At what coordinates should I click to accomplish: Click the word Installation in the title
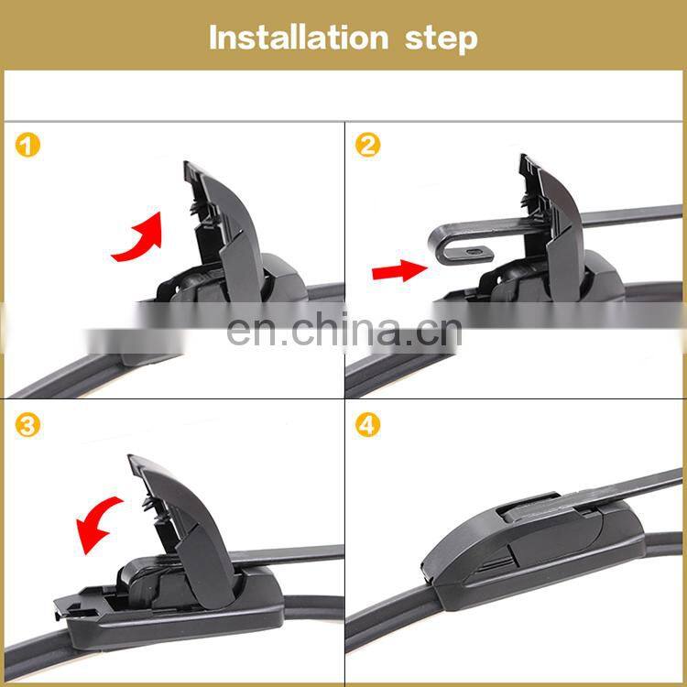point(299,38)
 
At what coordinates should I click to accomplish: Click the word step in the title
point(441,40)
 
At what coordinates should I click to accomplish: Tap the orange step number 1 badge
point(27,145)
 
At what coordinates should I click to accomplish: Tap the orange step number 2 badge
point(367,145)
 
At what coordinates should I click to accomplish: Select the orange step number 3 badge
point(27,425)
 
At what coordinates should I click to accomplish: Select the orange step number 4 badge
point(367,425)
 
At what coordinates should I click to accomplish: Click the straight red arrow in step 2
point(399,270)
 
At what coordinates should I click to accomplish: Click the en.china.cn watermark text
point(344,331)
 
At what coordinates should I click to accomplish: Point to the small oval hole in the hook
point(474,252)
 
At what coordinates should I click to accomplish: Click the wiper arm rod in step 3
point(287,554)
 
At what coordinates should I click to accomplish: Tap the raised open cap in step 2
point(554,228)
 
